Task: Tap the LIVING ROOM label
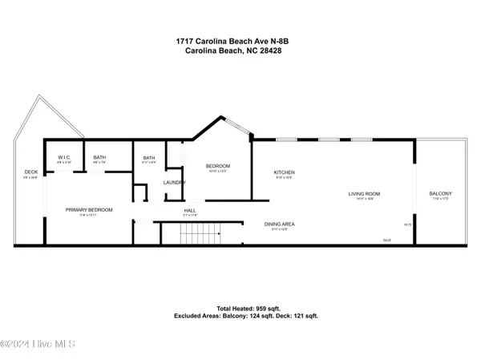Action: [x=363, y=193]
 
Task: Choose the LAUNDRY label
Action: [x=175, y=183]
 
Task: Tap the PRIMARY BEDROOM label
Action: [x=89, y=209]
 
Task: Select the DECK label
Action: [x=31, y=172]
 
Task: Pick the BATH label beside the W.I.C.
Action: [x=99, y=157]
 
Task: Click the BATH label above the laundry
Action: [x=149, y=157]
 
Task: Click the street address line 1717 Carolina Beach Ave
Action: [x=240, y=39]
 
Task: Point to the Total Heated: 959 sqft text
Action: [x=240, y=309]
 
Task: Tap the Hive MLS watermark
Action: [x=38, y=344]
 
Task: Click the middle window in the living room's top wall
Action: [x=326, y=140]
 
